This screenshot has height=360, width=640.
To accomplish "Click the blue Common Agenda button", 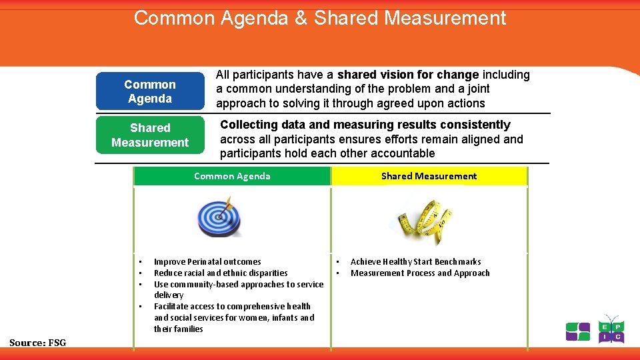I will tap(150, 91).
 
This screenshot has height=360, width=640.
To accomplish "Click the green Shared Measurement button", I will tap(150, 135).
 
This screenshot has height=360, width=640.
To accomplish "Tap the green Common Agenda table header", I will tap(232, 176).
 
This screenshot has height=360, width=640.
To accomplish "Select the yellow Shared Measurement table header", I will tap(429, 176).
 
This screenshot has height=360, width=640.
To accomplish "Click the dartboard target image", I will tap(219, 217).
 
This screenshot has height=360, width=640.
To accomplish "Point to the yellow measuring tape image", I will tap(421, 218).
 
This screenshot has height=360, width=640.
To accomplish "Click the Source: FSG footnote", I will tap(38, 343).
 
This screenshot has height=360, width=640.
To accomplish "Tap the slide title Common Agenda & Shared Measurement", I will tap(320, 18).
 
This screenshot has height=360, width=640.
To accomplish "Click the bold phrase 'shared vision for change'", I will tap(408, 75).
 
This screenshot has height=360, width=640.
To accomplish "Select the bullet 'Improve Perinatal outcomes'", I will tap(207, 262).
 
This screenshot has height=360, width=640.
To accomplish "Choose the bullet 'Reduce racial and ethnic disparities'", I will tap(221, 273).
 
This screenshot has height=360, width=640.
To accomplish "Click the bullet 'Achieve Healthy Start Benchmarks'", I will tap(415, 262).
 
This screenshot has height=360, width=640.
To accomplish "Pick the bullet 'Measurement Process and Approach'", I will tap(420, 273).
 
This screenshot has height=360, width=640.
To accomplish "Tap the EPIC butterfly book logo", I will tap(611, 329).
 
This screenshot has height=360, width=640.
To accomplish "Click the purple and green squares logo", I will tap(577, 331).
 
